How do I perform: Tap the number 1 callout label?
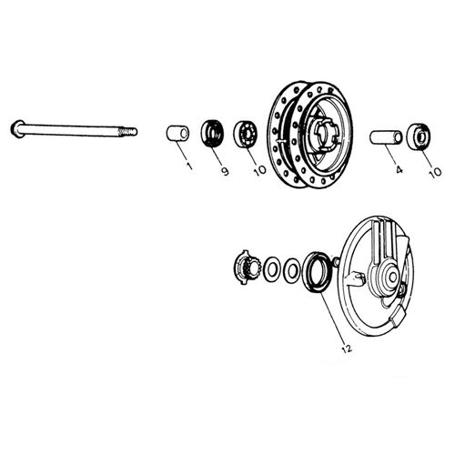189,166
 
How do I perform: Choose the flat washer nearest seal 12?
291,269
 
